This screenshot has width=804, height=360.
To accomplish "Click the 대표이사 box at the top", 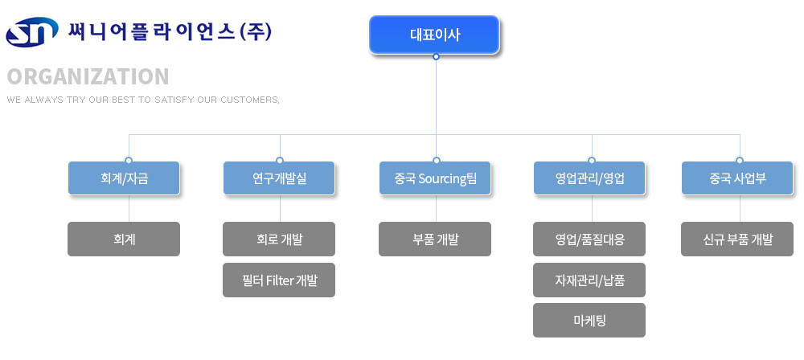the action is pos(434,35).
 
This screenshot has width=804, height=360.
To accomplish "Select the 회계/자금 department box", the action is pos(124,178).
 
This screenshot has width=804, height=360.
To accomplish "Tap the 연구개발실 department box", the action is pos(279,178).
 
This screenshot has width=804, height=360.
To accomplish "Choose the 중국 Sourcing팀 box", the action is pos(435,178).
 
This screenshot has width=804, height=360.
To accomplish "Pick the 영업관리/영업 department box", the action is pos(589,178).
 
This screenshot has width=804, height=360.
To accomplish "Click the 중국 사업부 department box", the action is pos(737,178).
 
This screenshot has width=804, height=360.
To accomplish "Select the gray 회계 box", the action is pos(124,239).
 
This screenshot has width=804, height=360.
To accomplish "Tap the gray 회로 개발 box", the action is pos(279,239).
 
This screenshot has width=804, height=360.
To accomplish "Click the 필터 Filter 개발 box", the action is pos(279,280).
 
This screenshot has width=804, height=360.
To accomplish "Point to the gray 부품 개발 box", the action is pos(435,239).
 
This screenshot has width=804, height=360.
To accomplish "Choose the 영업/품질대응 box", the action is pos(589,239).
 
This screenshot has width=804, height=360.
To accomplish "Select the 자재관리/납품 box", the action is pos(589,280).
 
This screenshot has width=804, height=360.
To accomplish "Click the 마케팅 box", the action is pos(589,320).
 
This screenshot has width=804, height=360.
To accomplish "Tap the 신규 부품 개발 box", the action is pos(737,239).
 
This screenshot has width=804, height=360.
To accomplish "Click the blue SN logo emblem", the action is pos(32,32).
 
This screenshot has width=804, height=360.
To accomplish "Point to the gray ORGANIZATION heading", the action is pos(88,76).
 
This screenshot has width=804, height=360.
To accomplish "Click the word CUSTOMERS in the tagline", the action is pos(250,100).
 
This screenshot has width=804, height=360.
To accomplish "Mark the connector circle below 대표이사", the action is pos(436,57).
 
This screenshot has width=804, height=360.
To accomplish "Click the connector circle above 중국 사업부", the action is pos(740,160).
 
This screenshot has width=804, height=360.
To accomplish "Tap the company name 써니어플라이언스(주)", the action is pos(170,31).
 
